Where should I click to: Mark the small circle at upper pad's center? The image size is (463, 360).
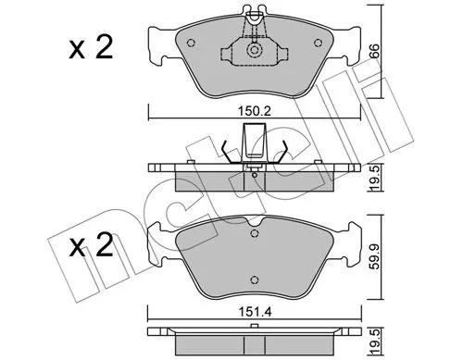click(x=253, y=54)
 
